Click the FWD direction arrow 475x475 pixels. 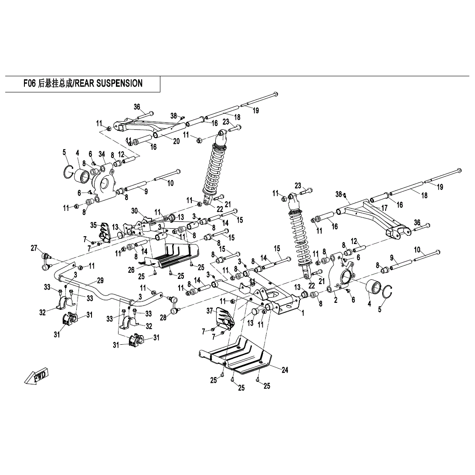[37, 376]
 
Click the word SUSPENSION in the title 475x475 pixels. [118, 83]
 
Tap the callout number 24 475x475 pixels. [285, 370]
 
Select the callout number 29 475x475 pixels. [100, 280]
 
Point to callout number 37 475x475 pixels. [210, 311]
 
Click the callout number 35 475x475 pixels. [93, 225]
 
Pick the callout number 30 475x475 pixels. [135, 211]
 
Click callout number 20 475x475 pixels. [176, 141]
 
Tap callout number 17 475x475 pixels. [384, 208]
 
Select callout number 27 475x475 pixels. [34, 248]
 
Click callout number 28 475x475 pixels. [163, 318]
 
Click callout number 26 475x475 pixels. [131, 270]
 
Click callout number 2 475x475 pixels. [336, 300]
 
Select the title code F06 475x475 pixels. [29, 83]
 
